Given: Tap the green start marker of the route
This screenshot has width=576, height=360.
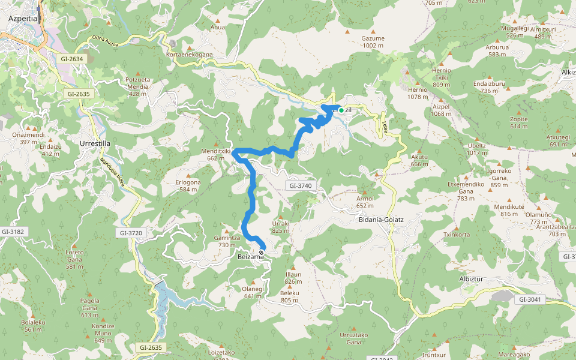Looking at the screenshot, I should tap(341, 110).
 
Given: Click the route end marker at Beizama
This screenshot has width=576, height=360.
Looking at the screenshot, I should tap(261, 253).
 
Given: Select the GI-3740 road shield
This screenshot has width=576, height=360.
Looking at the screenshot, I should tap(301, 186).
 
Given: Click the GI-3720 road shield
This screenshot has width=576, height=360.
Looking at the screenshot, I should tap(132, 233).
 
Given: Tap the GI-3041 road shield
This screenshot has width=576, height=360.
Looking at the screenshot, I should tap(530, 299).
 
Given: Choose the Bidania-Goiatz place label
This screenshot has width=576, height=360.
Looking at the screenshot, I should tap(381, 220).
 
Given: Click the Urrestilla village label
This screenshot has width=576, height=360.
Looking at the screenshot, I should tap(95, 144).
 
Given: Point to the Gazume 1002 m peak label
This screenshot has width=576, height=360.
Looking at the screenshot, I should tap(373, 41).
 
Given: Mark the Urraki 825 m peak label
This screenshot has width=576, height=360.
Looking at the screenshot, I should tap(281, 226).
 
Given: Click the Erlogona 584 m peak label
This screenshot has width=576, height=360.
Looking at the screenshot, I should tap(188, 186).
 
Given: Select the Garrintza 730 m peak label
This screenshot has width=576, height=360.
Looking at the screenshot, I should tap(227, 241).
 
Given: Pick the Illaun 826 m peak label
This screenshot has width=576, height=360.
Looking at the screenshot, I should tap(293, 278).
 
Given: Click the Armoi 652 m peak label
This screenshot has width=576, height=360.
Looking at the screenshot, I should tap(365, 202).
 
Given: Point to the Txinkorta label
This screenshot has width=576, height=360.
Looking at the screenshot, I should tap(457, 235).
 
